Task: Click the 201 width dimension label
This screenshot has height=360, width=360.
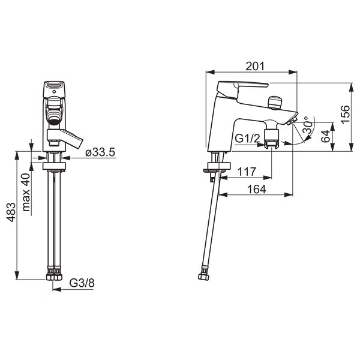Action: (x=255, y=67)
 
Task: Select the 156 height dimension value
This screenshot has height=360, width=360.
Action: (x=346, y=115)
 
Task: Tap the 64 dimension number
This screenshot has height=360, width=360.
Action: (x=325, y=136)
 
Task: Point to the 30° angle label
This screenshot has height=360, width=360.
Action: (x=308, y=125)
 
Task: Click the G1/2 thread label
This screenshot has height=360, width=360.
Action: (x=247, y=139)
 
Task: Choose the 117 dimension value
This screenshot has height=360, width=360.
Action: (x=247, y=172)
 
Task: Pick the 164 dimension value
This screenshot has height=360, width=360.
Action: (x=256, y=189)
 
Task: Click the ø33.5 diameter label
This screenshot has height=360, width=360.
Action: (x=100, y=152)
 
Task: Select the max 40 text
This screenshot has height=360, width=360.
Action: (x=26, y=193)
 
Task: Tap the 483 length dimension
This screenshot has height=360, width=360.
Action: (x=11, y=212)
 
